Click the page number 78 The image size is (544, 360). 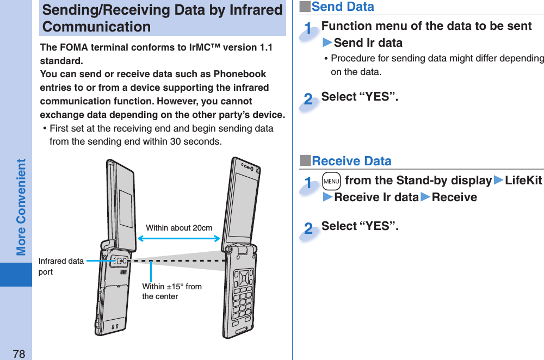tap(18, 354)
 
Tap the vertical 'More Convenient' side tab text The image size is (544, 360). tap(21, 207)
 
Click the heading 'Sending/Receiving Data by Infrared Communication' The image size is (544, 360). tap(162, 18)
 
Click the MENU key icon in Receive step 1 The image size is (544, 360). tap(331, 181)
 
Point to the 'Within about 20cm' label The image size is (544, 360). tap(179, 228)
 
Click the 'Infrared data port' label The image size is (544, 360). tap(60, 266)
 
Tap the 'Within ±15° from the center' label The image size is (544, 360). tap(171, 291)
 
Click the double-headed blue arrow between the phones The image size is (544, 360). tap(178, 238)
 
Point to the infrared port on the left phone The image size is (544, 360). tap(120, 261)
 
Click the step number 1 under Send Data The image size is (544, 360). tap(308, 29)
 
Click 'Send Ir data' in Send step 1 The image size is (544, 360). tap(368, 43)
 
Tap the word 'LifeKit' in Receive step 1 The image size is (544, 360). tap(523, 181)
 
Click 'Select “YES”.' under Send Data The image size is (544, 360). tap(360, 97)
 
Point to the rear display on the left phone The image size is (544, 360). tap(126, 209)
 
